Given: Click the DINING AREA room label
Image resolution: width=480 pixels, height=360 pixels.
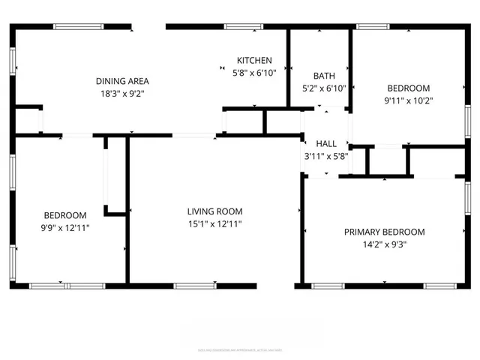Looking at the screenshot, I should click(121, 81).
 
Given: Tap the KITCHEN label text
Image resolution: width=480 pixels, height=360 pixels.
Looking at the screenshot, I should click(254, 61).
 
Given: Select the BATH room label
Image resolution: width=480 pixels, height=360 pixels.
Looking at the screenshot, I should click(324, 76).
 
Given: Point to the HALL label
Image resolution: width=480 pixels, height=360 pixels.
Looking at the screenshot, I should click(326, 143).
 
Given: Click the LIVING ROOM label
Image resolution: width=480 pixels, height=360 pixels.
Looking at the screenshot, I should click(214, 211).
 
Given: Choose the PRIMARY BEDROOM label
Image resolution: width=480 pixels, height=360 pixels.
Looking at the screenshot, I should click(384, 232).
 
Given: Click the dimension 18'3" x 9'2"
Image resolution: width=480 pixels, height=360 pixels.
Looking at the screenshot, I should click(121, 94).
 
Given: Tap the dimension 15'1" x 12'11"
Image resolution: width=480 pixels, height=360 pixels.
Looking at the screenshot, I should click(214, 223).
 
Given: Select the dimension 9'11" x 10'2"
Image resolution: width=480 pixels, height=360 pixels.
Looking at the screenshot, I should click(408, 100).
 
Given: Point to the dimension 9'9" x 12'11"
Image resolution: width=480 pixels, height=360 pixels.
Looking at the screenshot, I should click(64, 227).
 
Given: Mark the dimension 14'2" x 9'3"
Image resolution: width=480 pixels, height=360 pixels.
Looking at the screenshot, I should click(384, 244).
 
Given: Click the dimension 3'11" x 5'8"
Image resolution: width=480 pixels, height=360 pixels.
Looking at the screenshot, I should click(326, 156).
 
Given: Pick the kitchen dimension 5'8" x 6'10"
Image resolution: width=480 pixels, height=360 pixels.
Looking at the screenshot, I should click(254, 73).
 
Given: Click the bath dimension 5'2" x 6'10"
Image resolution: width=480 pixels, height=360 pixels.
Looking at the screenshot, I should click(324, 88).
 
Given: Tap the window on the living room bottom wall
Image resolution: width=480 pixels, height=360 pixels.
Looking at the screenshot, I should click(195, 286).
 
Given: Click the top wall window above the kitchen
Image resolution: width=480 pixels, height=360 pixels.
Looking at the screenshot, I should click(244, 27).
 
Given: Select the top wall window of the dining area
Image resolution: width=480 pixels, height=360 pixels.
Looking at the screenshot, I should click(78, 27).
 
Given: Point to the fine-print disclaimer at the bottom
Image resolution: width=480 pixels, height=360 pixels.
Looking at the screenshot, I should click(240, 349).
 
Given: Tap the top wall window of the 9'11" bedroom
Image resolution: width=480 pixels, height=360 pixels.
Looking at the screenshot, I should click(372, 27).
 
